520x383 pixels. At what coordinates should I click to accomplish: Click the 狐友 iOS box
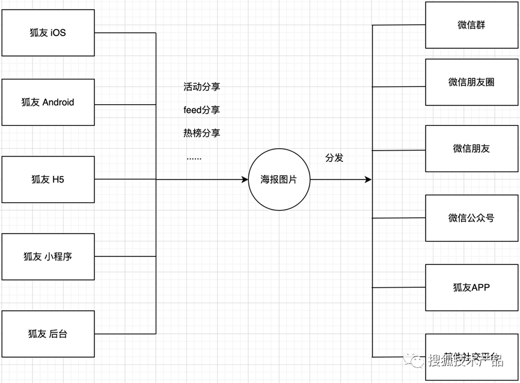48,33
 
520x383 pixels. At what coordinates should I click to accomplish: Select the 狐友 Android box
48,102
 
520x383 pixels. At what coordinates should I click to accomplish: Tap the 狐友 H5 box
48,179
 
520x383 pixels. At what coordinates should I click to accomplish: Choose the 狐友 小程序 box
48,257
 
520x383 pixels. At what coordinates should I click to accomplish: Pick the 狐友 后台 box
48,334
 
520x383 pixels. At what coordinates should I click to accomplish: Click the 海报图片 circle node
280,179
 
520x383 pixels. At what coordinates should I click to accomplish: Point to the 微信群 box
471,25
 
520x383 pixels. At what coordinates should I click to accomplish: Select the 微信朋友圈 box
471,83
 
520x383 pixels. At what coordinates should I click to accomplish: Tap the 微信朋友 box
471,149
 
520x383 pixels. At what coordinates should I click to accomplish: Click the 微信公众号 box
471,218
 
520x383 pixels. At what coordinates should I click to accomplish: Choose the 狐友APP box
471,288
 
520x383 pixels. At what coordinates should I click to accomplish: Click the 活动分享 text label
202,87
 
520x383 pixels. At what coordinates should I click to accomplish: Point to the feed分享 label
202,110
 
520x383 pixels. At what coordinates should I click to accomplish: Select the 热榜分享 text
202,132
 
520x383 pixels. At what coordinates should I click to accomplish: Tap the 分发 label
335,158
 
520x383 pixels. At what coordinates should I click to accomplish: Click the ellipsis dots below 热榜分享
194,158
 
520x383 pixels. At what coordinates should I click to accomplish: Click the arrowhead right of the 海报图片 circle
369,179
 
